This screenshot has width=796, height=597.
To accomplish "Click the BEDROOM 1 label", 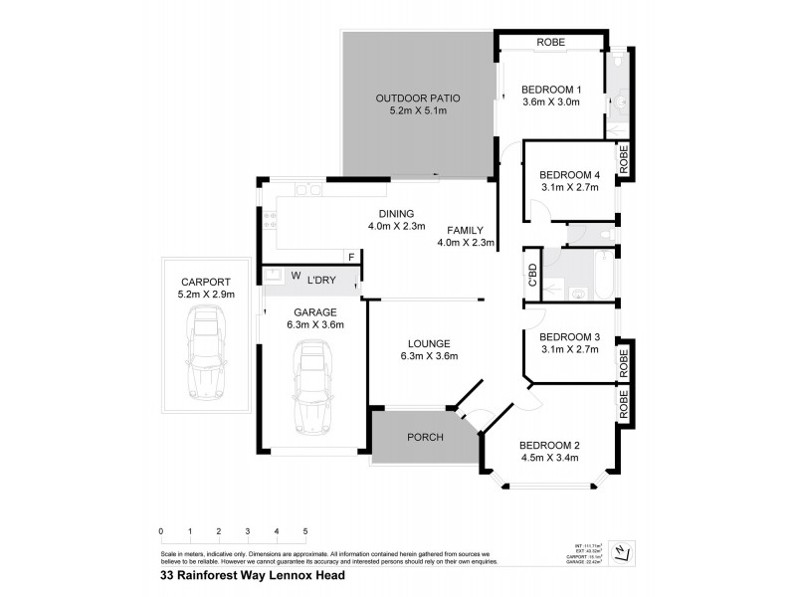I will (x=550, y=91).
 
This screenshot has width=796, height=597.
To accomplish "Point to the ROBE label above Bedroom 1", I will (x=550, y=43).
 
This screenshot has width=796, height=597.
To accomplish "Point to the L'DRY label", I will (x=319, y=279).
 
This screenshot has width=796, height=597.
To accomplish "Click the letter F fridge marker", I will (x=351, y=257).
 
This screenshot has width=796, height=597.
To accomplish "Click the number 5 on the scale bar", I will (x=305, y=531).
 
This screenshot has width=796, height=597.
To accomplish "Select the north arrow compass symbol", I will (x=621, y=550).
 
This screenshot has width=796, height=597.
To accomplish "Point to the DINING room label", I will (x=396, y=214).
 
